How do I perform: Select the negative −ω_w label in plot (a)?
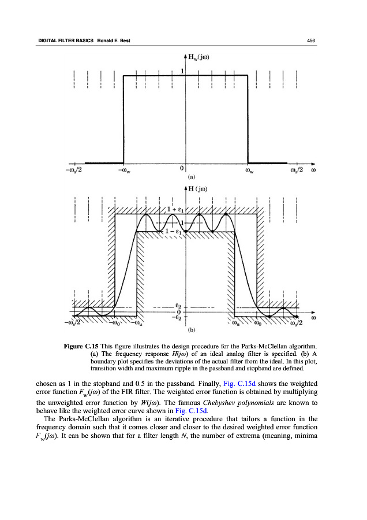pyautogui.click(x=123, y=170)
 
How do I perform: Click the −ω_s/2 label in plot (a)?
pyautogui.click(x=73, y=170)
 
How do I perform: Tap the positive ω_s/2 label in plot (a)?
pyautogui.click(x=296, y=170)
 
